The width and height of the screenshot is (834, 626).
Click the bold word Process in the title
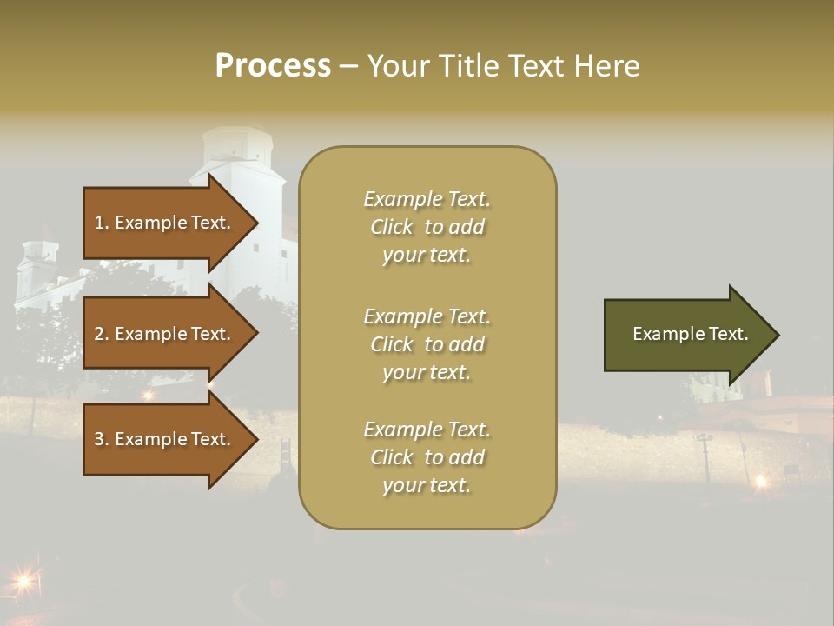coord(273,66)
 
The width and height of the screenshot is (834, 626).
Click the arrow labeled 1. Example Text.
coord(165,223)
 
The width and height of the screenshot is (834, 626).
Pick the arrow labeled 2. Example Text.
coord(165,334)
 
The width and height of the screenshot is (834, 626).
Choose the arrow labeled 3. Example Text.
coord(165,439)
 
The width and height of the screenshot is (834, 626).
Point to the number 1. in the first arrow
coord(102,223)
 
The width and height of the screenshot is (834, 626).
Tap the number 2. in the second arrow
coord(102,334)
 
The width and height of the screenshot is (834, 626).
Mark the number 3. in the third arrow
coord(102,439)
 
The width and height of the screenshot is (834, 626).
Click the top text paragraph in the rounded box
coord(427,227)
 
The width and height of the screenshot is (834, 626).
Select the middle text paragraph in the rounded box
coord(427,344)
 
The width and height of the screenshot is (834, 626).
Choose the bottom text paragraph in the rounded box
coord(427,457)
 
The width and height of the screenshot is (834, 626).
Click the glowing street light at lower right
coord(761,480)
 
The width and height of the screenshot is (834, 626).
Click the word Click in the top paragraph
coord(392,227)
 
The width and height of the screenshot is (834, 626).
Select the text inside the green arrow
coord(690,334)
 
